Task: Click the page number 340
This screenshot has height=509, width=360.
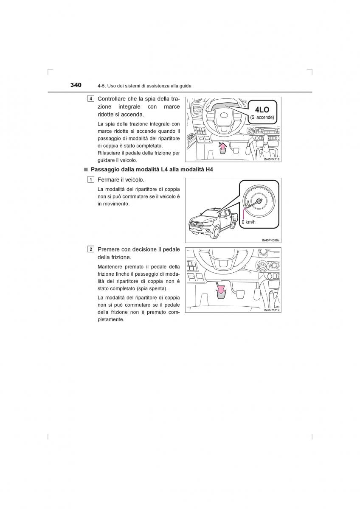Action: [x=76, y=85]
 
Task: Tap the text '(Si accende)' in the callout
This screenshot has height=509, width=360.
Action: [x=262, y=117]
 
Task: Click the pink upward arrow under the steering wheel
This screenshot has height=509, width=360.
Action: [x=222, y=147]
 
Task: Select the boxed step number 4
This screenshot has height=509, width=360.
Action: [x=91, y=99]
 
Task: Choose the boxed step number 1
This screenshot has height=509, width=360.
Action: [x=91, y=180]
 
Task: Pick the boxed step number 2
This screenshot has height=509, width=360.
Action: [x=91, y=249]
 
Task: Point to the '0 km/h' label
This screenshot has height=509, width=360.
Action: [x=249, y=222]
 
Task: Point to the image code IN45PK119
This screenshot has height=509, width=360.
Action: [x=273, y=310]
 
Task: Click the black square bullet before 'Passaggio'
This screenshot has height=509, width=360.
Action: [x=85, y=170]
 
